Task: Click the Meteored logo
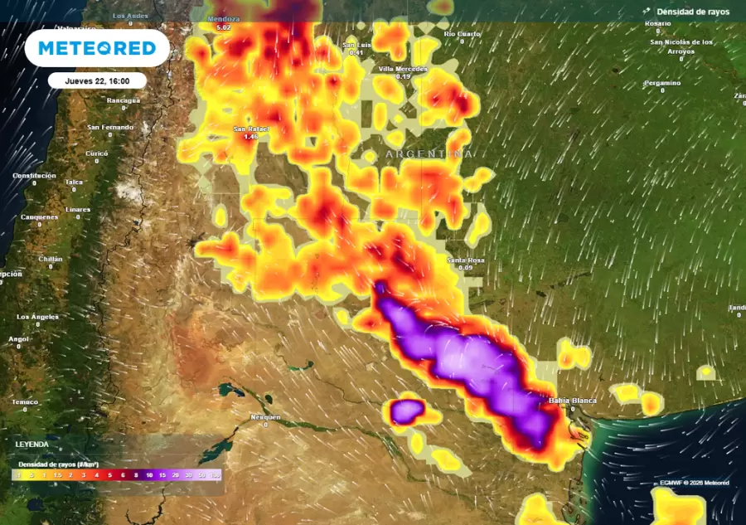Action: coord(97,48)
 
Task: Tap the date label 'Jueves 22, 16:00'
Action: coord(97,80)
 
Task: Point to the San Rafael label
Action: coord(250,129)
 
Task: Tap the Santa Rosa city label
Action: coord(465,260)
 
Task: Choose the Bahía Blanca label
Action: coord(572,401)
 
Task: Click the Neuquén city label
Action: coord(265,416)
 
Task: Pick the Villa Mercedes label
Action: coord(403,69)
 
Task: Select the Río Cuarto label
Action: coord(462,34)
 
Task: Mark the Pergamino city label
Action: coord(661,83)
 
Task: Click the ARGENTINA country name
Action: coord(429,155)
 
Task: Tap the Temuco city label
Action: coord(25,402)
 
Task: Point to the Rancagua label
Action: coord(123,100)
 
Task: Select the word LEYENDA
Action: coord(31,445)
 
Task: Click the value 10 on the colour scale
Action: coord(149,475)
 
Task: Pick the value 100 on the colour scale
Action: coord(216,475)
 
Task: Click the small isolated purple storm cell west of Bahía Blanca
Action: coord(406,411)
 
